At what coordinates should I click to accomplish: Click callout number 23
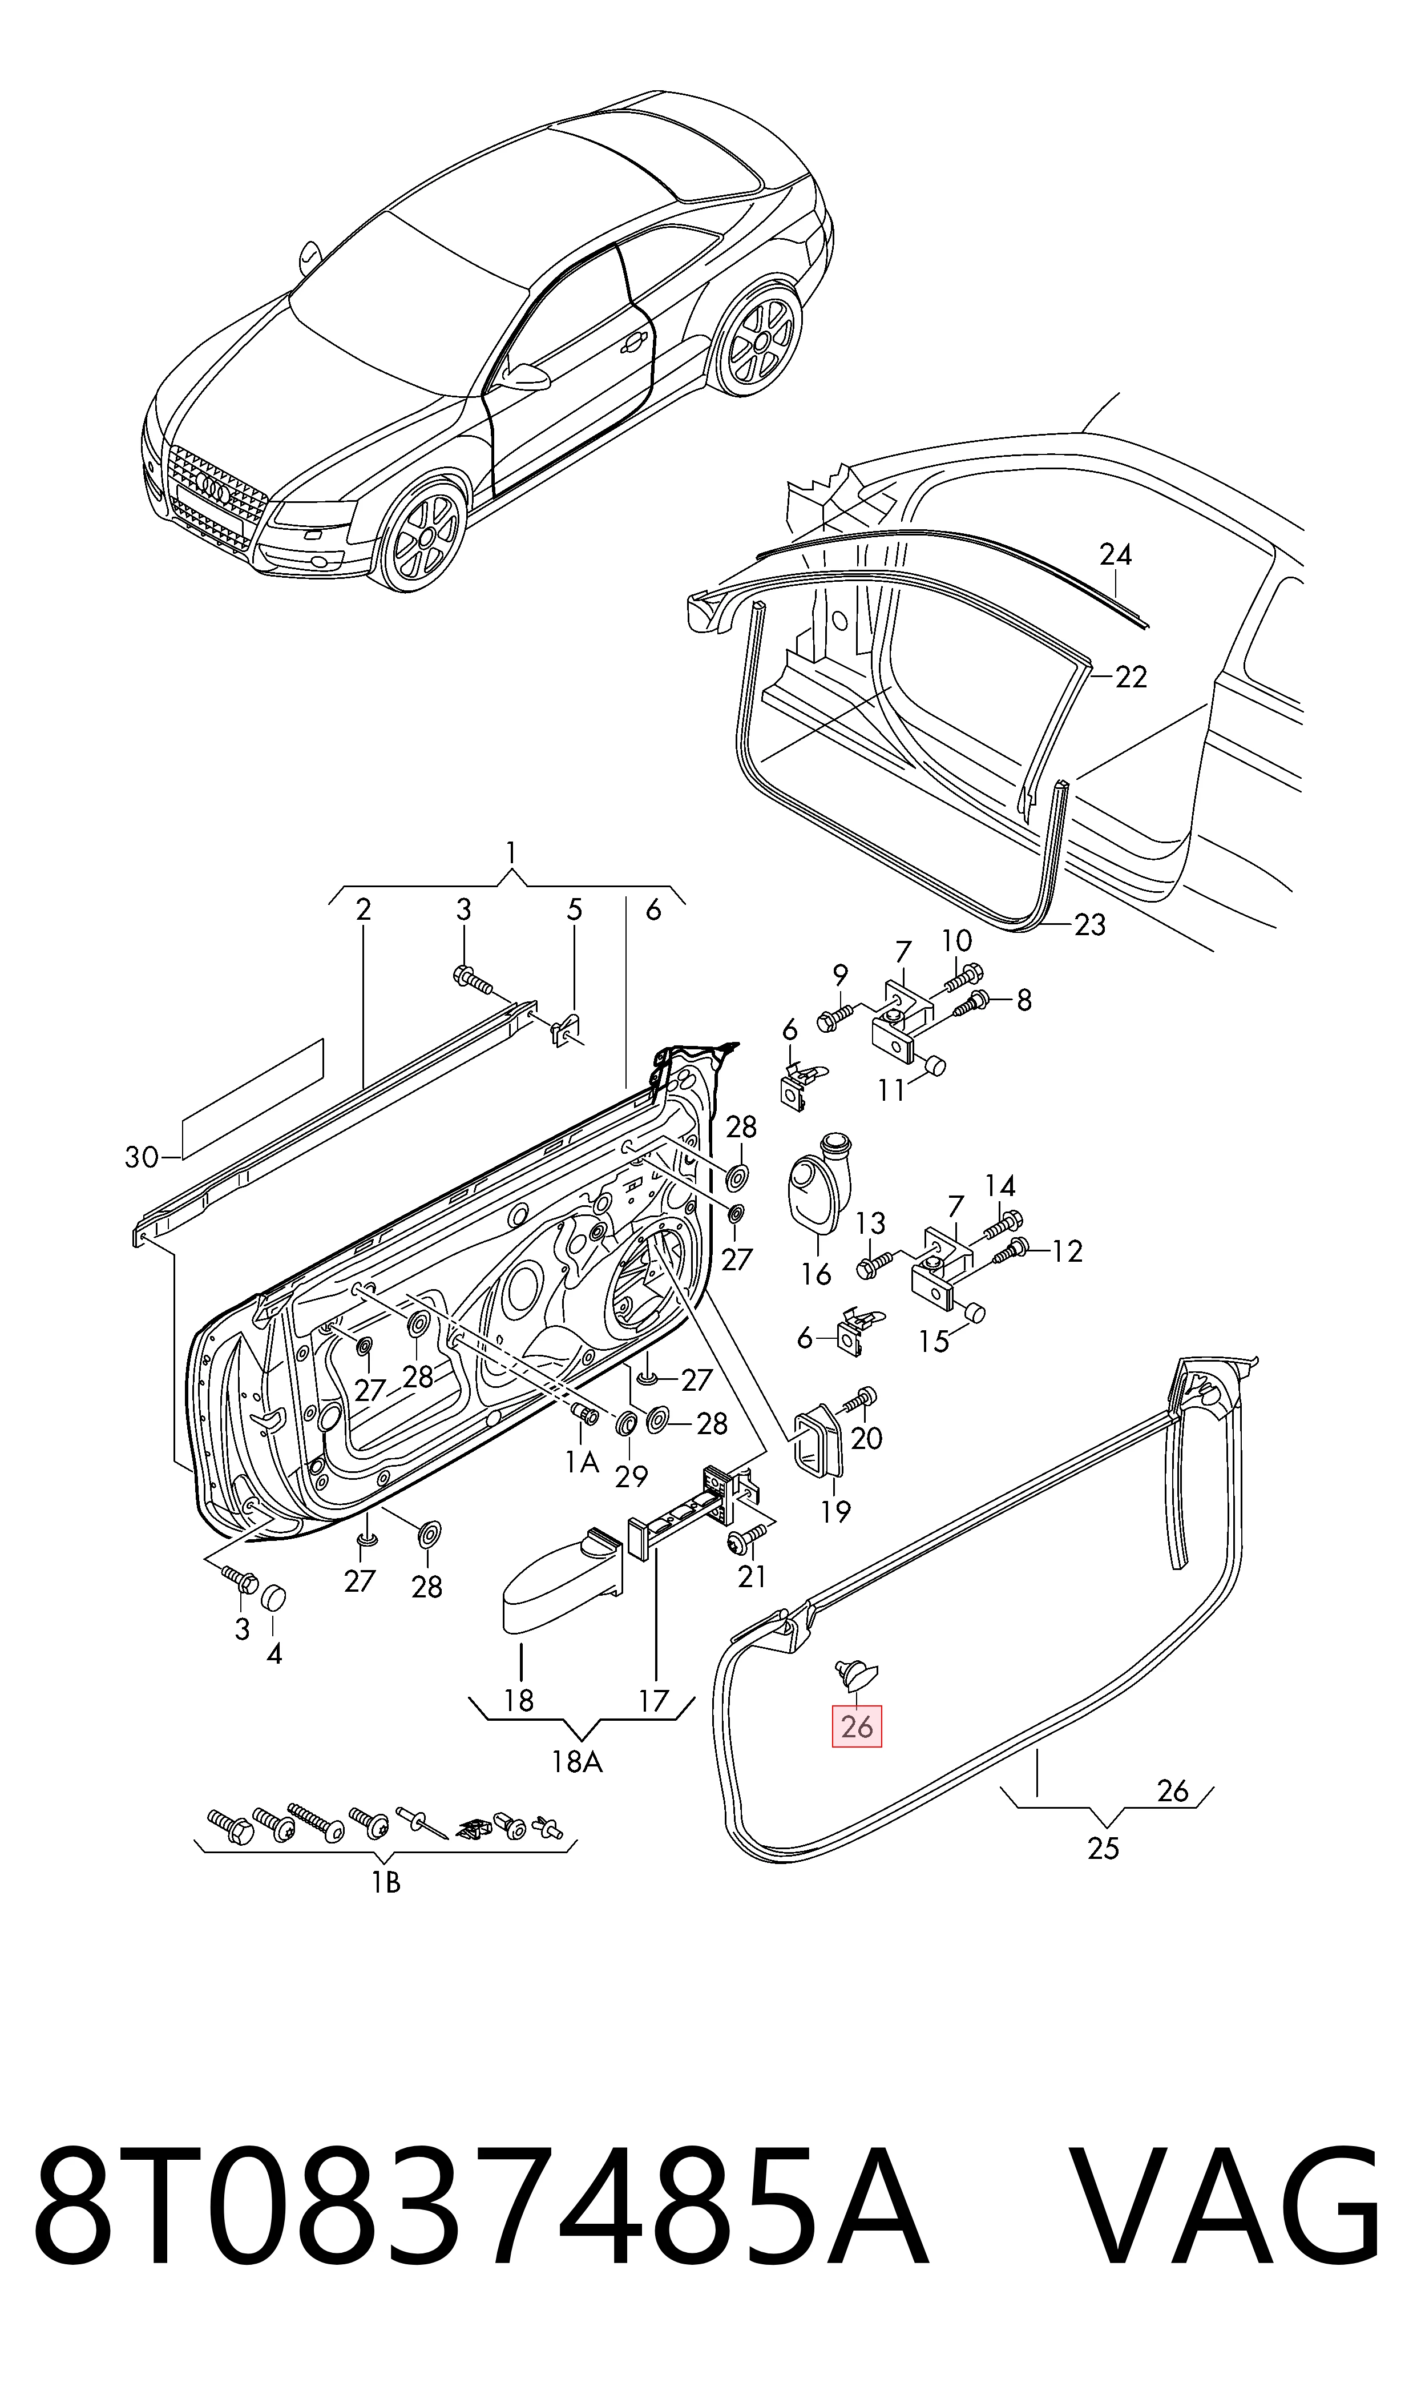click(1089, 924)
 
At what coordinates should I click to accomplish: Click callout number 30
click(142, 1158)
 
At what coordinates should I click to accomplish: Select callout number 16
click(817, 1274)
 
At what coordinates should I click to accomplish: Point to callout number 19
click(835, 1511)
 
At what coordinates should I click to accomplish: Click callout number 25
click(1103, 1848)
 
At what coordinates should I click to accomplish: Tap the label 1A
click(582, 1462)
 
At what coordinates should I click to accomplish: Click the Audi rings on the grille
click(215, 490)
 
